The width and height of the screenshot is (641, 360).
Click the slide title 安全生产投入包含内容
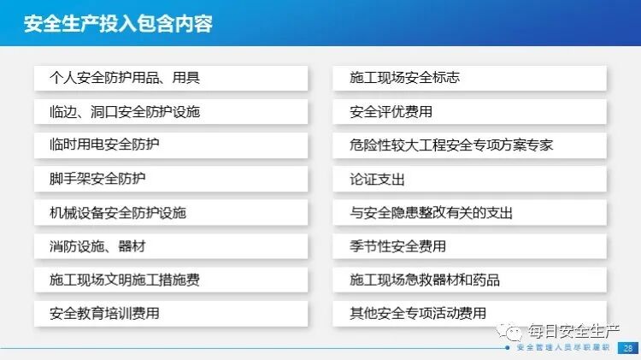pos(119,23)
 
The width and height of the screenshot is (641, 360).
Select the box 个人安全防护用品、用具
pos(171,79)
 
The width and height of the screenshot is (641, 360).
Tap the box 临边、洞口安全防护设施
pos(171,112)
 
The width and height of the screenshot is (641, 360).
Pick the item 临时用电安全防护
pos(171,145)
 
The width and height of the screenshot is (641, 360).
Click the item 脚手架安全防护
pos(171,180)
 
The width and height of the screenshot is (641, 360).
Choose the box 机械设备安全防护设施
pos(171,213)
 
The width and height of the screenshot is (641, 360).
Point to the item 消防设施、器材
pos(171,246)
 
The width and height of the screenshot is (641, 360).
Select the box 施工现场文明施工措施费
pos(171,280)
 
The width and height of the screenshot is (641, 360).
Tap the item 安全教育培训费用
pos(171,314)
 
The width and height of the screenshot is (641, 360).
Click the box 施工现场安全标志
pos(469,79)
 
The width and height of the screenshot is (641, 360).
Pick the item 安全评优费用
pos(469,112)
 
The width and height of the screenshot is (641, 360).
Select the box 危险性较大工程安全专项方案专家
pos(469,145)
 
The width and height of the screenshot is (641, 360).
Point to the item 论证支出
pos(469,180)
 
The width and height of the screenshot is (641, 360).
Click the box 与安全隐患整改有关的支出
pos(469,213)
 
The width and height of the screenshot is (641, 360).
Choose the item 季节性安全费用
pos(469,246)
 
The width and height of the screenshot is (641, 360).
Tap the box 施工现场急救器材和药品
pos(469,280)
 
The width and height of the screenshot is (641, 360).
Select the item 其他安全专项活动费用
pos(469,314)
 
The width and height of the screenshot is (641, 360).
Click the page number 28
pos(628,348)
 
